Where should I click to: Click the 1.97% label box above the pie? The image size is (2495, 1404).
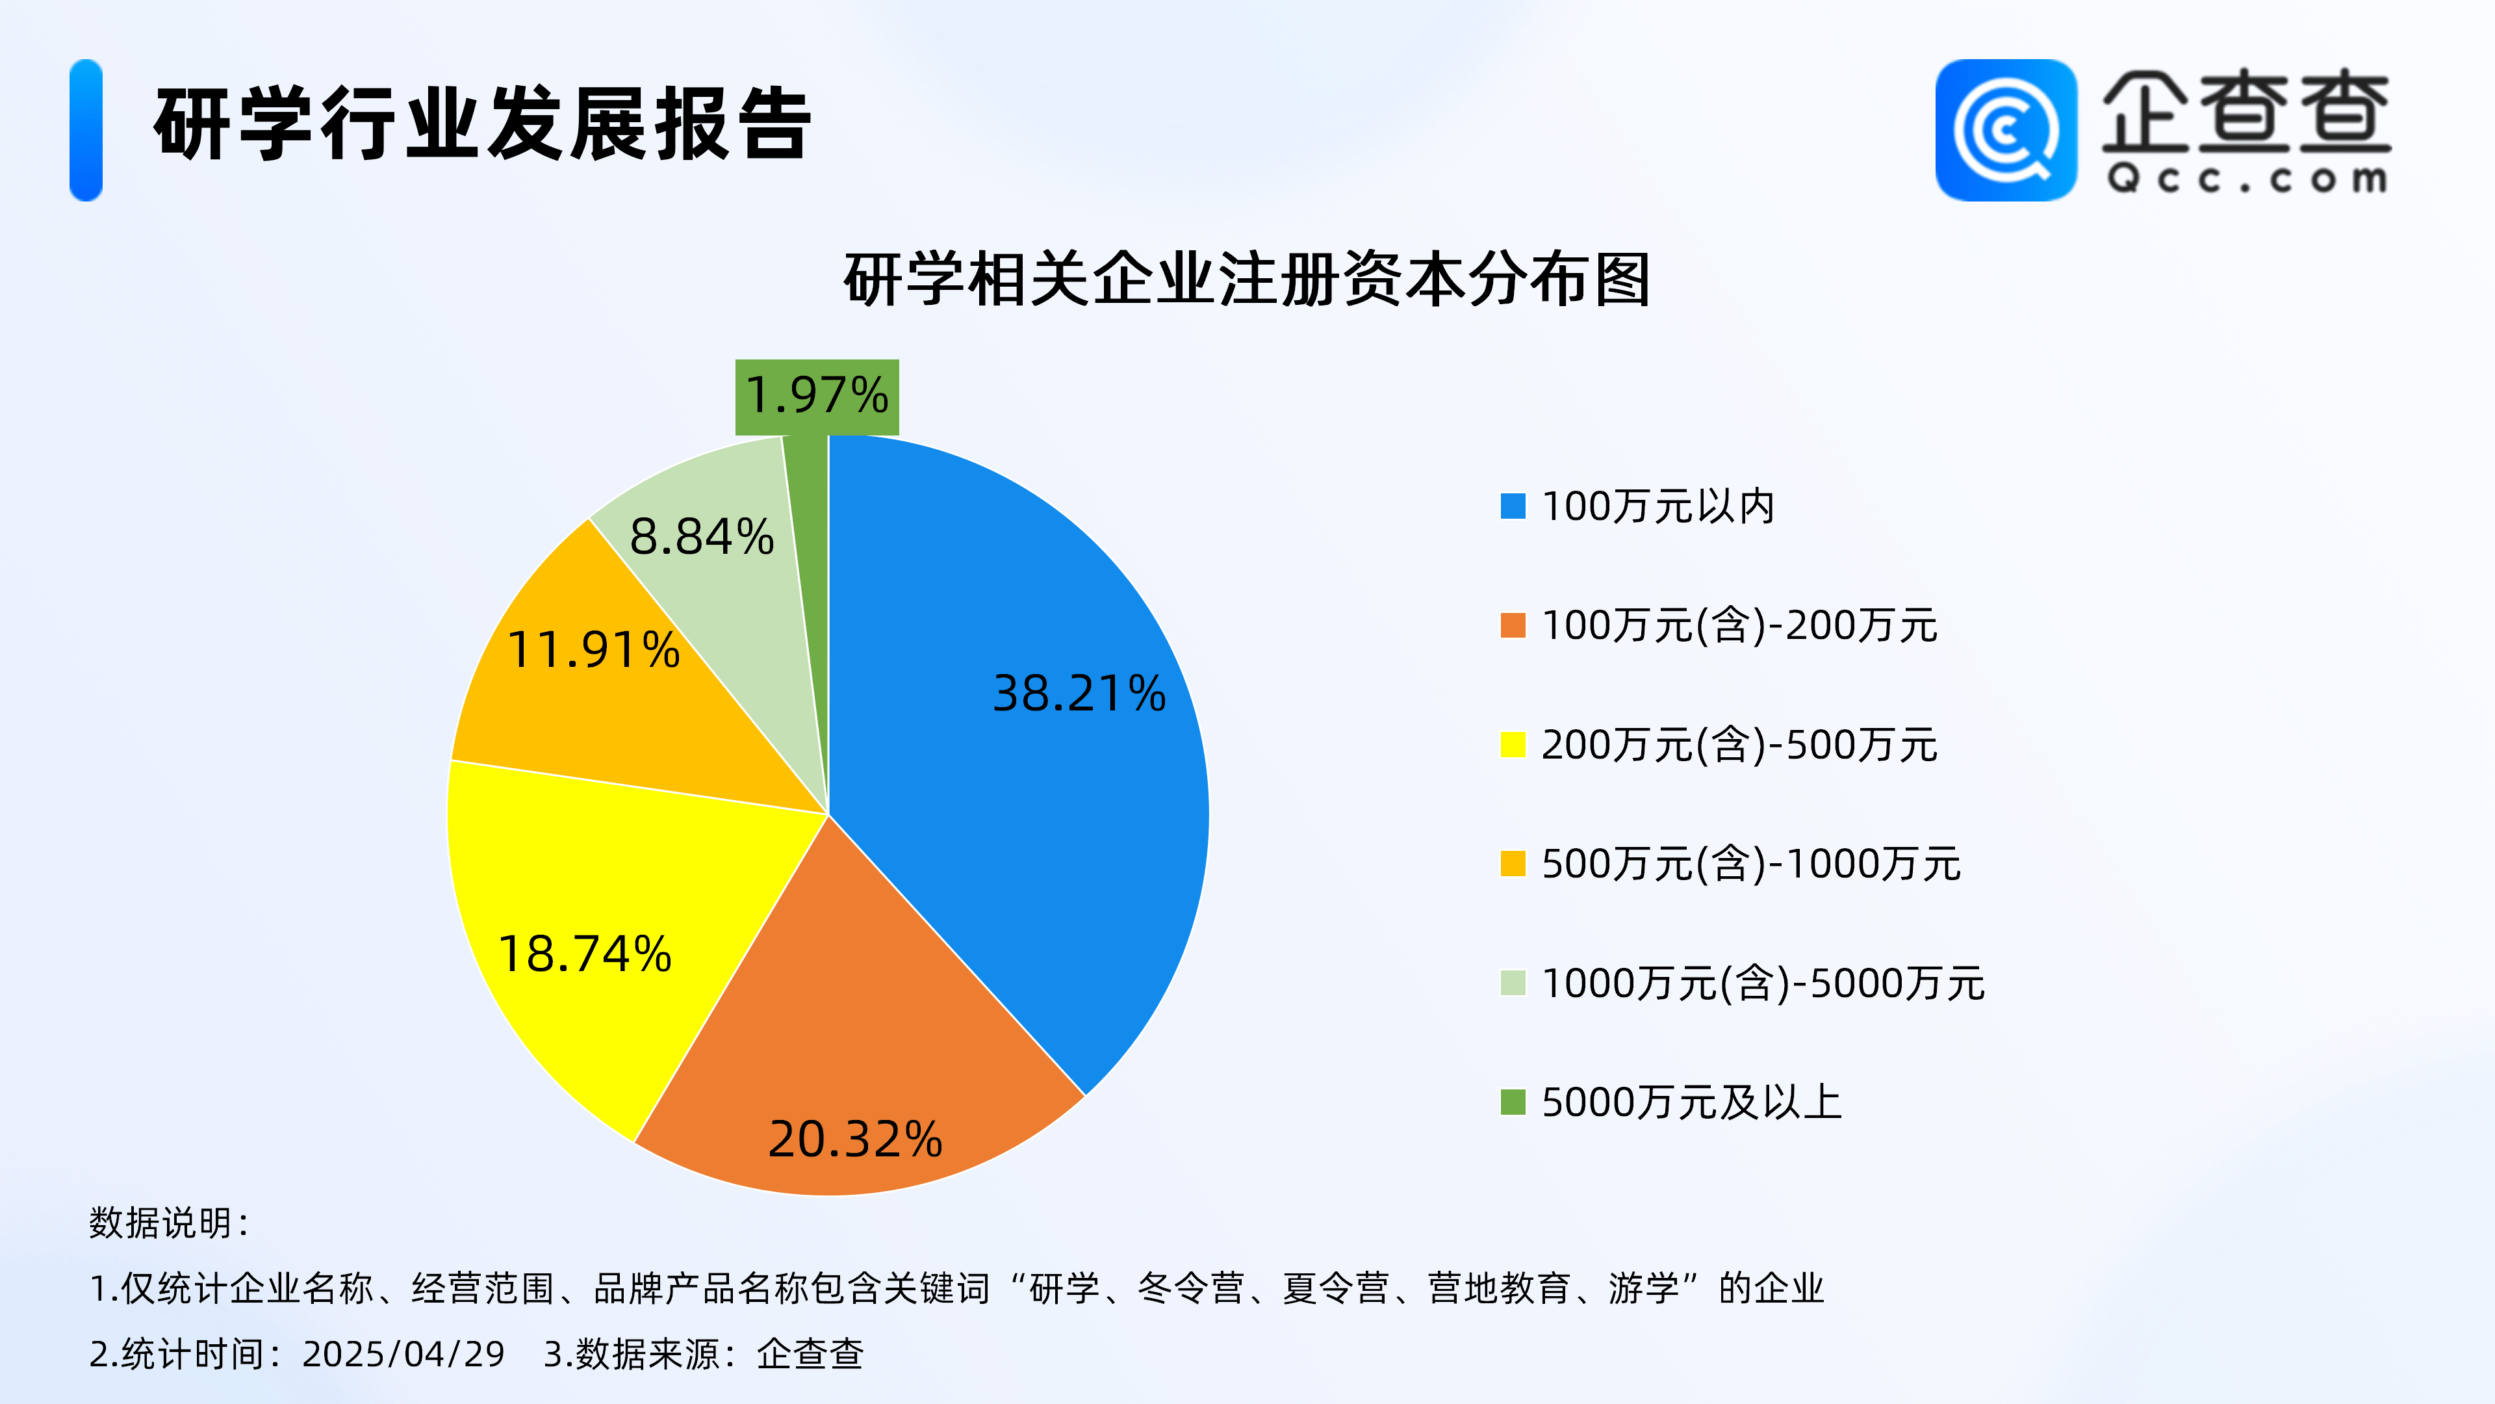(817, 396)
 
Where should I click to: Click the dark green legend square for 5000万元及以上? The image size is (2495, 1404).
(1513, 1102)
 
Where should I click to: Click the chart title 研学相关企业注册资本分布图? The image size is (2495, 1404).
(1247, 279)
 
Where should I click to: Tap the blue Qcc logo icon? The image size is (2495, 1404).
(2006, 130)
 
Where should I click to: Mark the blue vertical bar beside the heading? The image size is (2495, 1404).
(86, 130)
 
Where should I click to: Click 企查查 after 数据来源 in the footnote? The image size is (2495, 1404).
(810, 1353)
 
